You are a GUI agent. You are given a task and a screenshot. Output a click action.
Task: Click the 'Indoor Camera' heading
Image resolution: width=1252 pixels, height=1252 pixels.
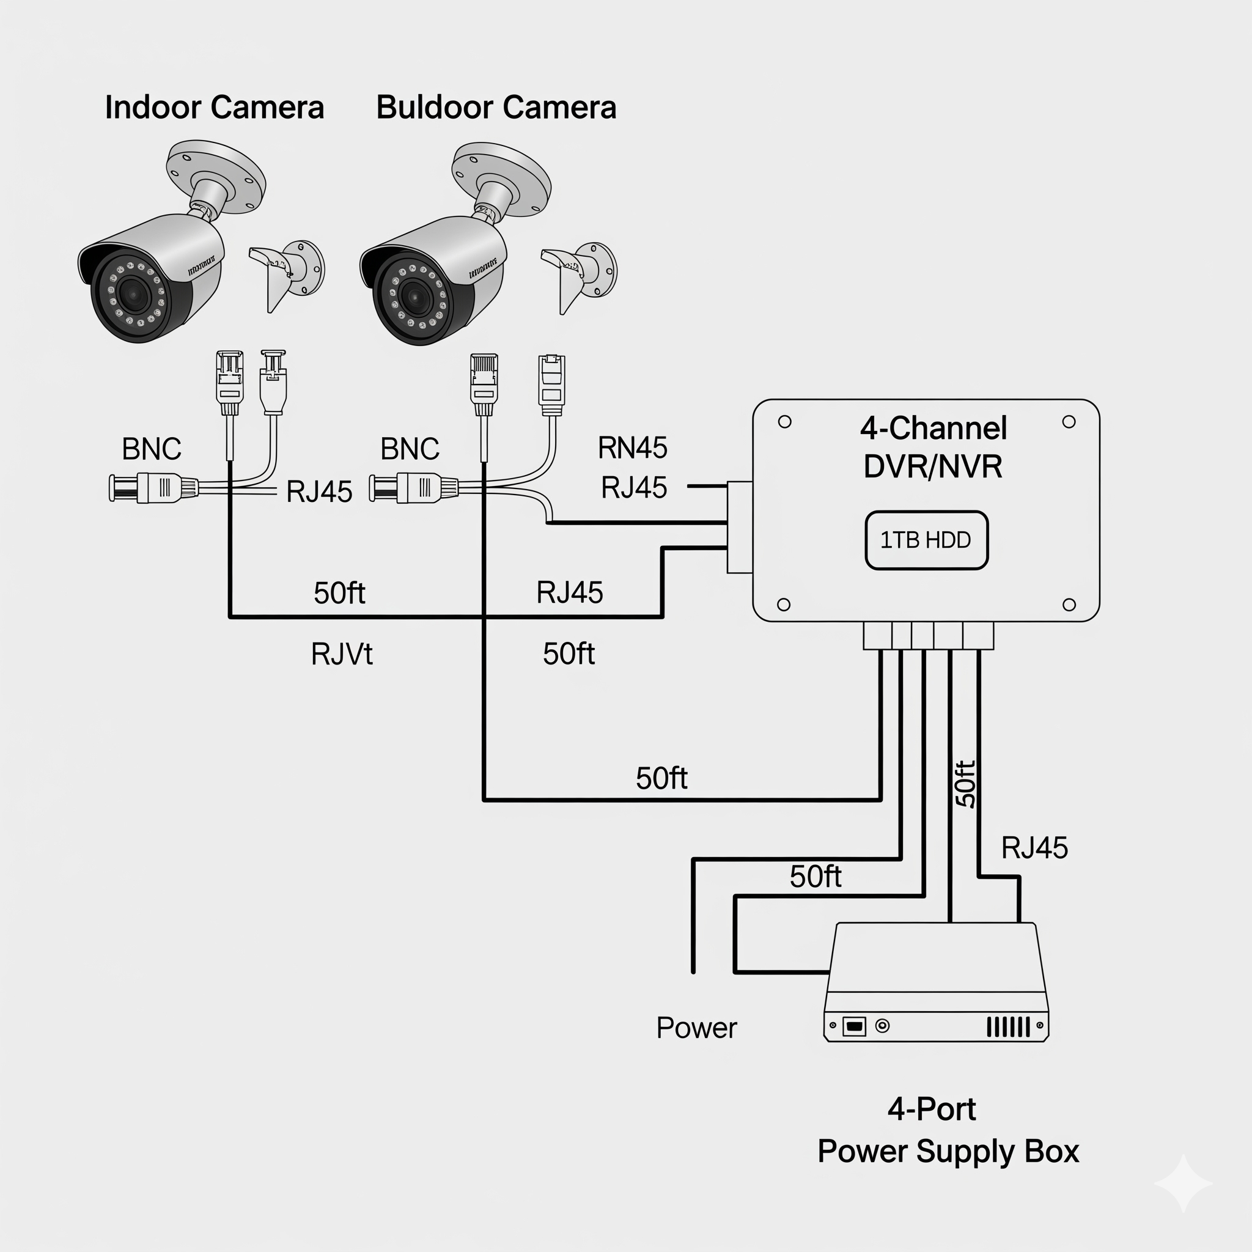214,108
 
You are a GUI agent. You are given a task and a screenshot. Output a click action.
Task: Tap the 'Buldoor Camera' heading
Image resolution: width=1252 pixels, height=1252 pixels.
496,108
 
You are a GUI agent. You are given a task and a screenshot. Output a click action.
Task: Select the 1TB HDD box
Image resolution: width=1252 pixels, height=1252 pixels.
926,540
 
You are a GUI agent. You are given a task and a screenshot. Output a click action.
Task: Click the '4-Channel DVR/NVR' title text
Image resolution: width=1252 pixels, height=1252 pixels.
933,447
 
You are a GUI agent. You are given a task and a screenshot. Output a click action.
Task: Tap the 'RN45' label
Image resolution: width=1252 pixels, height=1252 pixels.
633,447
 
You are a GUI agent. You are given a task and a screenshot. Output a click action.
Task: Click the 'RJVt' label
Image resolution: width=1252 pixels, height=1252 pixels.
342,654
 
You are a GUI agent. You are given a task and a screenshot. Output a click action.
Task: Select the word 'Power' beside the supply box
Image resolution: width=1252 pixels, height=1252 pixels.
697,1028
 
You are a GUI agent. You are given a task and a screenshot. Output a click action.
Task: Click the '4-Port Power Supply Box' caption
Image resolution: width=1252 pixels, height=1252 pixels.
948,1131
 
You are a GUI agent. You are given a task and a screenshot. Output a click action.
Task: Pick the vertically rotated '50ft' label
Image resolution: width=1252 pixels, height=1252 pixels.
965,784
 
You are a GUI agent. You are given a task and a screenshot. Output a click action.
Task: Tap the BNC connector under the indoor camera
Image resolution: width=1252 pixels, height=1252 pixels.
153,487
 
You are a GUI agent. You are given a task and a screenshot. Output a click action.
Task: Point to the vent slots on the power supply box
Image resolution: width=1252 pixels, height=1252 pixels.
1007,1027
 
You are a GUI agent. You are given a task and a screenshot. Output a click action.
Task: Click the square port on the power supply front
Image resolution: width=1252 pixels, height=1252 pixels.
854,1026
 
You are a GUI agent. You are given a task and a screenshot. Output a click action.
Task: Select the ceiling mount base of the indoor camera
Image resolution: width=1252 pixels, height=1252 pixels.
216,176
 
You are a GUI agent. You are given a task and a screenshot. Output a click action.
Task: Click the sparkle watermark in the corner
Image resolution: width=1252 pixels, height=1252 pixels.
1183,1183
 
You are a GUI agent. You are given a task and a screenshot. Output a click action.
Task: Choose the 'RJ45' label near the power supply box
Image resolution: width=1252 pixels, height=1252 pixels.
1034,848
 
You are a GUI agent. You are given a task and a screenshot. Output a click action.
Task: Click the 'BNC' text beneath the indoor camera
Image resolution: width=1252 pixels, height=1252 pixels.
152,449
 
